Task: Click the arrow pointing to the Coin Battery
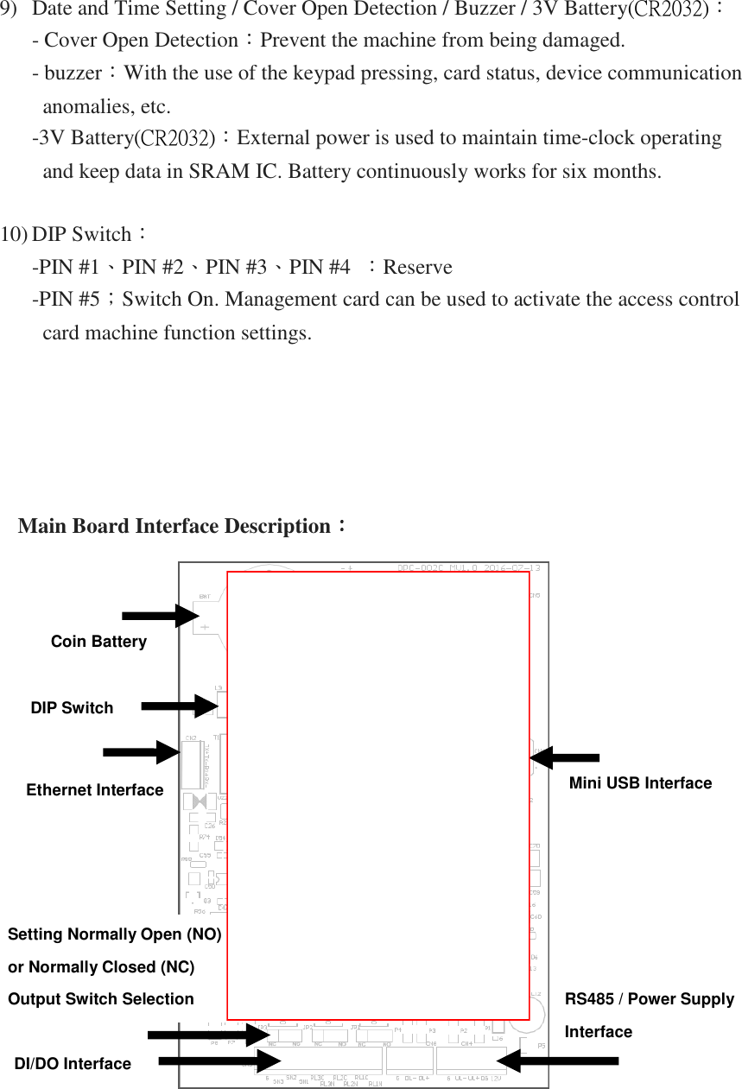pyautogui.click(x=161, y=616)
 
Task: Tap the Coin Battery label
pyautogui.click(x=98, y=642)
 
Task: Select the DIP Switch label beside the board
pyautogui.click(x=72, y=708)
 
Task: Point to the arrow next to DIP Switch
pyautogui.click(x=179, y=706)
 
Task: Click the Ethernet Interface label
pyautogui.click(x=95, y=790)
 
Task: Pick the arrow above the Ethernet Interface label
pyautogui.click(x=142, y=752)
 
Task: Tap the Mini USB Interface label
pyautogui.click(x=640, y=783)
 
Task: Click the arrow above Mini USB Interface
pyautogui.click(x=564, y=758)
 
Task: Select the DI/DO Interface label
pyautogui.click(x=73, y=1064)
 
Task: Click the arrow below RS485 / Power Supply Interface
pyautogui.click(x=558, y=1061)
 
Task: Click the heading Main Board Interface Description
pyautogui.click(x=174, y=526)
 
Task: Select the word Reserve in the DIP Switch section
pyautogui.click(x=417, y=267)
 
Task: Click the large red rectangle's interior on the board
pyautogui.click(x=377, y=795)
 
